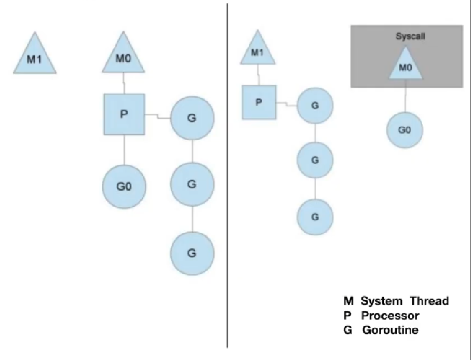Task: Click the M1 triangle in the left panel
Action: click(x=34, y=56)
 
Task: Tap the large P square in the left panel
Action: click(x=123, y=114)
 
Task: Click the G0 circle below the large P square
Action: click(x=124, y=185)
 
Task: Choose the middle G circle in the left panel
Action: click(x=192, y=184)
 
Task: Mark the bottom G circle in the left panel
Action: click(x=192, y=254)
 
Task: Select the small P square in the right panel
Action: click(x=259, y=102)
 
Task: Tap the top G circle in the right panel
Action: click(x=315, y=105)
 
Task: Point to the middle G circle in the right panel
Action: click(x=315, y=161)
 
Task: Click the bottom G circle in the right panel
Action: click(x=315, y=217)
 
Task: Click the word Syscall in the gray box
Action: click(x=407, y=37)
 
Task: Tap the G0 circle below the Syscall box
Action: click(x=405, y=129)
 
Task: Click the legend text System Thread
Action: click(x=405, y=301)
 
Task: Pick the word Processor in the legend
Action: click(x=390, y=315)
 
